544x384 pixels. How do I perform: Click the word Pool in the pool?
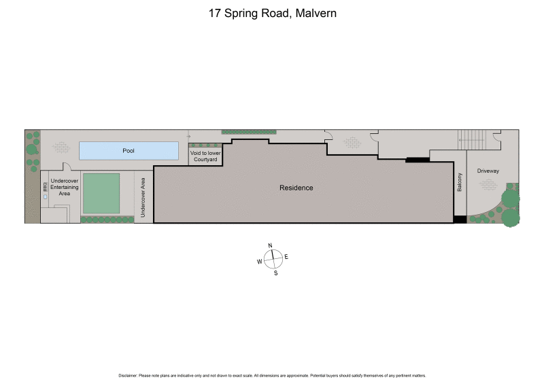[129, 150]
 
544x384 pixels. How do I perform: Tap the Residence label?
[296, 188]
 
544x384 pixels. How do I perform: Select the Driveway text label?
[488, 171]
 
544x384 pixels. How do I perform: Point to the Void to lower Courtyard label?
[205, 156]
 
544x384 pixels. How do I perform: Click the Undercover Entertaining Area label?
[65, 188]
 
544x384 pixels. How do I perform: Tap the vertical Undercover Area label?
[143, 198]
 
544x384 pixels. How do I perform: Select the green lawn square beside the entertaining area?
[101, 193]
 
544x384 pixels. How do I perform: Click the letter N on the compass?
[270, 245]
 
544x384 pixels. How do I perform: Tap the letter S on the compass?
[275, 273]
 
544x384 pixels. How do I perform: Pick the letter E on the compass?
[286, 257]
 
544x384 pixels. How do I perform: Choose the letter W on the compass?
[259, 262]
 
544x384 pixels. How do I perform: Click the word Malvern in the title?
[315, 13]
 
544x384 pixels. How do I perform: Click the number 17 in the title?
[215, 13]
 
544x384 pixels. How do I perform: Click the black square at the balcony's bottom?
[460, 219]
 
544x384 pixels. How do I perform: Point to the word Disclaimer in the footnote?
[128, 375]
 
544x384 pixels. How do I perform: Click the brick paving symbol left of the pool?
[61, 147]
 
